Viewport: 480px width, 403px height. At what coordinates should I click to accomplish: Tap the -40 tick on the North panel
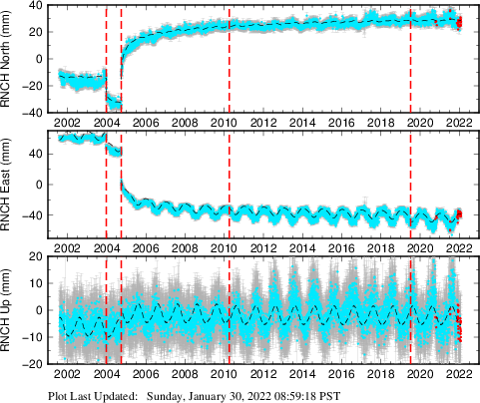coord(36,113)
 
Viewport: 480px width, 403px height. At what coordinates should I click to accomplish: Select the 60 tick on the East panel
coord(40,154)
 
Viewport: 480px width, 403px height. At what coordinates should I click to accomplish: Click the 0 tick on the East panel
coord(43,185)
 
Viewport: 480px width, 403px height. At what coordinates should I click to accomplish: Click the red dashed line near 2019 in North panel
coord(410,60)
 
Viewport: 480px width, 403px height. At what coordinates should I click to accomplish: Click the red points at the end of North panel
coord(459,24)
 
